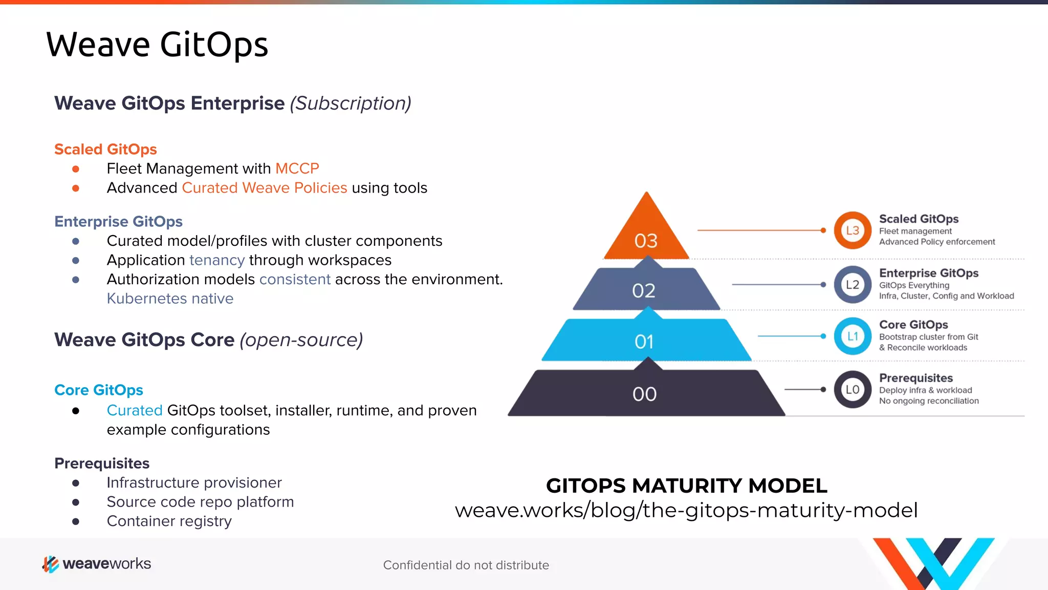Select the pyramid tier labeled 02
pos(644,290)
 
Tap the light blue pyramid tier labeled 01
pos(645,341)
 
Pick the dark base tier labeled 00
pos(645,393)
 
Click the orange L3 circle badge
pos(853,230)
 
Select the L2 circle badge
pos(853,285)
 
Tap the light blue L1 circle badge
pos(853,336)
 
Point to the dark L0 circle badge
pos(853,390)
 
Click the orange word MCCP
pos(297,168)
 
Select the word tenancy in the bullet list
pos(217,260)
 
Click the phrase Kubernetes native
pos(170,299)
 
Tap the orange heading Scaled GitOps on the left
pos(105,149)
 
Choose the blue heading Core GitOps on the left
pos(99,390)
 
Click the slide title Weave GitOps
pos(157,45)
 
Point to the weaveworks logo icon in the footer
pos(50,564)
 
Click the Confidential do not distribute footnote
pos(466,565)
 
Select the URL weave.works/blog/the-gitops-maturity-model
pos(686,510)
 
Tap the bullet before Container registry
pos(76,522)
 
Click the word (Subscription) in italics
pos(351,103)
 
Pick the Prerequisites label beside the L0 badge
pos(916,378)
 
